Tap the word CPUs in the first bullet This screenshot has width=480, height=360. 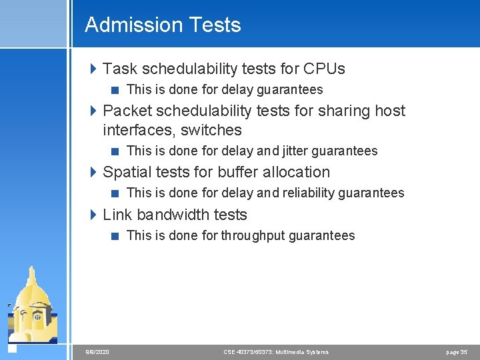[x=324, y=69]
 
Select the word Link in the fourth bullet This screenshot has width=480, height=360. [x=117, y=215]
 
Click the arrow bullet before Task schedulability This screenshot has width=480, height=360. [x=93, y=69]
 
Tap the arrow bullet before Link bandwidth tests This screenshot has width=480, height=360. [x=93, y=215]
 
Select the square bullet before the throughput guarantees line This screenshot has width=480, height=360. [x=115, y=235]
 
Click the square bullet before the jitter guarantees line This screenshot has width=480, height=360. [x=115, y=151]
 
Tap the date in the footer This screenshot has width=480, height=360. [x=97, y=352]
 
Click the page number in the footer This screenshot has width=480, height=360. [x=457, y=352]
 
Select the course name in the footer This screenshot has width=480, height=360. [x=275, y=352]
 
